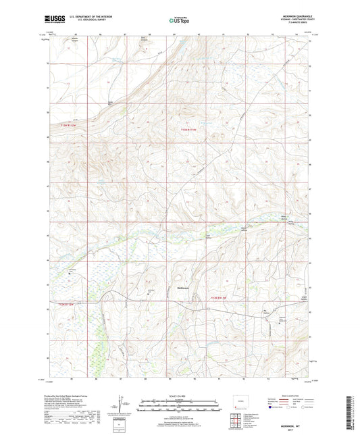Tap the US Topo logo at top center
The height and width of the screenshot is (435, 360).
pos(178,21)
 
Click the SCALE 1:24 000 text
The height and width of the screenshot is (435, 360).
pos(179,396)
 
